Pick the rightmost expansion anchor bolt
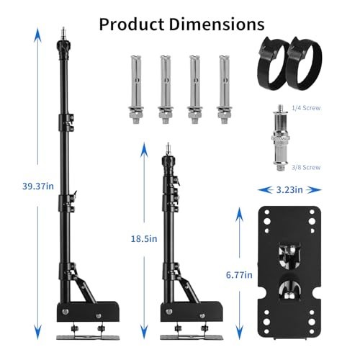click(223, 87)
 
